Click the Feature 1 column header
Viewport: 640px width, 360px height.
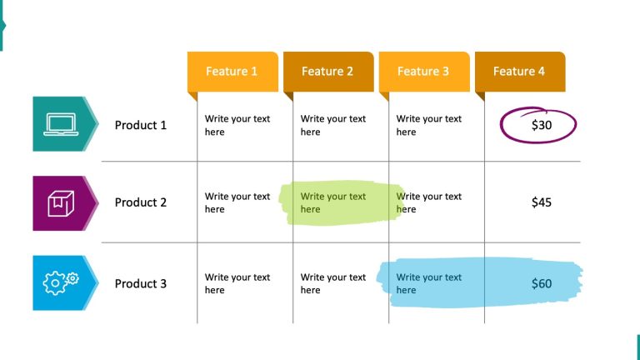coord(232,72)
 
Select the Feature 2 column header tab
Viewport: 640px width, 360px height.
coord(327,72)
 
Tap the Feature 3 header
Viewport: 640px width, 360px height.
coord(423,72)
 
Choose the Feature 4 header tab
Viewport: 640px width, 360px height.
coord(519,72)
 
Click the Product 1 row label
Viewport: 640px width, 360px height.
coord(141,125)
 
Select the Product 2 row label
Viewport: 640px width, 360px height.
coord(141,202)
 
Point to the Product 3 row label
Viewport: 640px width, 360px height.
coord(141,283)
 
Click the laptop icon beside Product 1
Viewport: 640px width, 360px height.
coord(61,124)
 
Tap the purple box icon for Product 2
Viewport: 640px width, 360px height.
coord(61,203)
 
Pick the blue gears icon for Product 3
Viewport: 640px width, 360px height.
coord(61,282)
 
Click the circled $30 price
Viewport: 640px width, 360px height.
coord(541,126)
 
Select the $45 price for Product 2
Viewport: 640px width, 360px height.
coord(542,202)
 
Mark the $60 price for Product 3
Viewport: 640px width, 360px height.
coord(542,284)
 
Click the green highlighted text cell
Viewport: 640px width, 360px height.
coord(333,203)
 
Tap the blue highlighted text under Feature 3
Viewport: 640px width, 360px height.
coord(428,284)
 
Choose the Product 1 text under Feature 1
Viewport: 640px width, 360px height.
coord(237,126)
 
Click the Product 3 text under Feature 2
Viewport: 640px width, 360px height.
coord(333,284)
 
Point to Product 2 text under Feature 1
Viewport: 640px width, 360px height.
coord(237,203)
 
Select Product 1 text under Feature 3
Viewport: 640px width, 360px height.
coord(428,126)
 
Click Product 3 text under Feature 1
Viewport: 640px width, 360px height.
coord(237,284)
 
